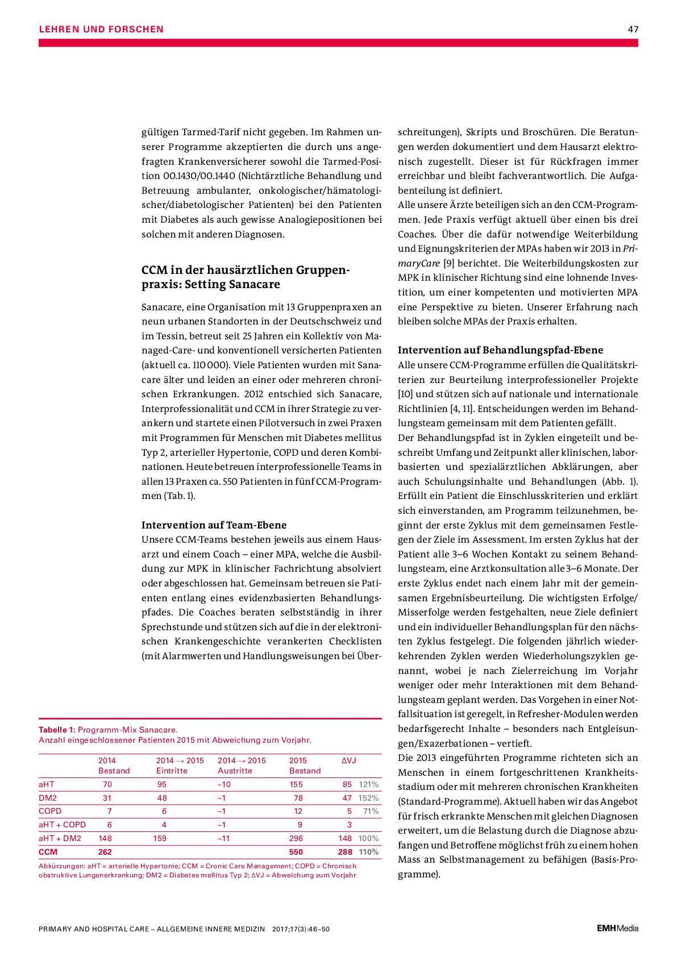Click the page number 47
pyautogui.click(x=633, y=29)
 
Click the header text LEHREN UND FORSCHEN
pyautogui.click(x=101, y=29)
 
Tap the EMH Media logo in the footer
pyautogui.click(x=617, y=929)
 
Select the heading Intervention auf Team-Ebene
pyautogui.click(x=214, y=525)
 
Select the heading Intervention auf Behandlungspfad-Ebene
pyautogui.click(x=500, y=350)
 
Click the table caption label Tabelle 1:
pyautogui.click(x=56, y=730)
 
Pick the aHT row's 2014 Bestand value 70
pyautogui.click(x=107, y=784)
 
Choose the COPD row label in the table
pyautogui.click(x=50, y=811)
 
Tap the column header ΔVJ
pyautogui.click(x=348, y=760)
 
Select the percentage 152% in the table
pyautogui.click(x=368, y=798)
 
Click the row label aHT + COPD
pyautogui.click(x=62, y=825)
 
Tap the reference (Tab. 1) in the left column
pyautogui.click(x=179, y=496)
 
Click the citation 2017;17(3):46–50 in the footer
pyautogui.click(x=301, y=929)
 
